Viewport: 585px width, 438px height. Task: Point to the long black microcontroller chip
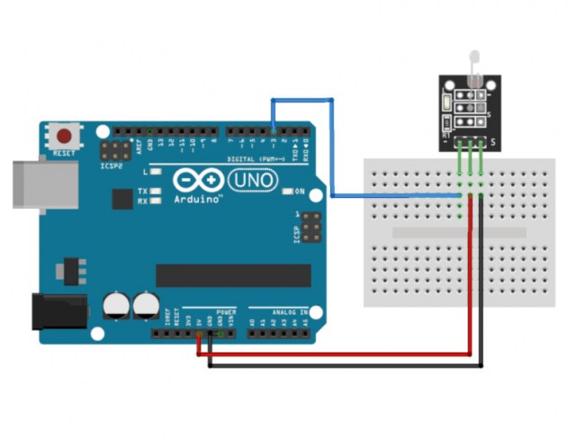point(233,275)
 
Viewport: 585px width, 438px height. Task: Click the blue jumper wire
point(333,144)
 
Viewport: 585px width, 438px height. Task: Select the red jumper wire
point(342,354)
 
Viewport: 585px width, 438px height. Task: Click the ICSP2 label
point(112,165)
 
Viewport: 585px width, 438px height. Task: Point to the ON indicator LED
point(288,192)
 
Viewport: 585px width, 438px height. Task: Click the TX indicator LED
point(156,192)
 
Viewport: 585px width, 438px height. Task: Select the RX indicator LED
point(156,201)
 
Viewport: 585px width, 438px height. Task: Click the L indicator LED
point(156,171)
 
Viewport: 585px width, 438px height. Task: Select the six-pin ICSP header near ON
point(310,229)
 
